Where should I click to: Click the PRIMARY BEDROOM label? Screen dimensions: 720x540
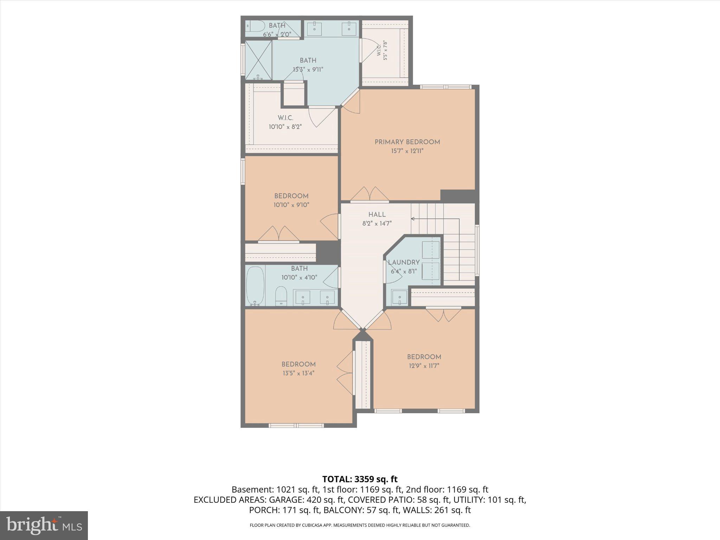pos(407,142)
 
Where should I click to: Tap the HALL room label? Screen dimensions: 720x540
pos(377,214)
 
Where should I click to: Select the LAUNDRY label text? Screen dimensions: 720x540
pos(404,262)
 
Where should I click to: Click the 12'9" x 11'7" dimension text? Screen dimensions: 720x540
pos(424,366)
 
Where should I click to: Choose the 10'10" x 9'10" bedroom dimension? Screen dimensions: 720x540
pos(291,205)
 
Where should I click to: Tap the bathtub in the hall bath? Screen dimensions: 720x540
pos(255,286)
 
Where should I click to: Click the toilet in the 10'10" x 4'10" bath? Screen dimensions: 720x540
pos(281,296)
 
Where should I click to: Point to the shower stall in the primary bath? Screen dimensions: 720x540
pos(258,60)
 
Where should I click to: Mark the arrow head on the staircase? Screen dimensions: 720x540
pos(413,219)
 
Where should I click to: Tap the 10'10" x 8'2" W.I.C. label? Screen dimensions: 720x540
pos(285,122)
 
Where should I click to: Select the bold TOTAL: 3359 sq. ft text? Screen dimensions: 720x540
pos(360,479)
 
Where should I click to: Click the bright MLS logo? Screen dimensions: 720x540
pos(44,526)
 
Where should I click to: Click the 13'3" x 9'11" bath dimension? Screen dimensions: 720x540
pos(308,70)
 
